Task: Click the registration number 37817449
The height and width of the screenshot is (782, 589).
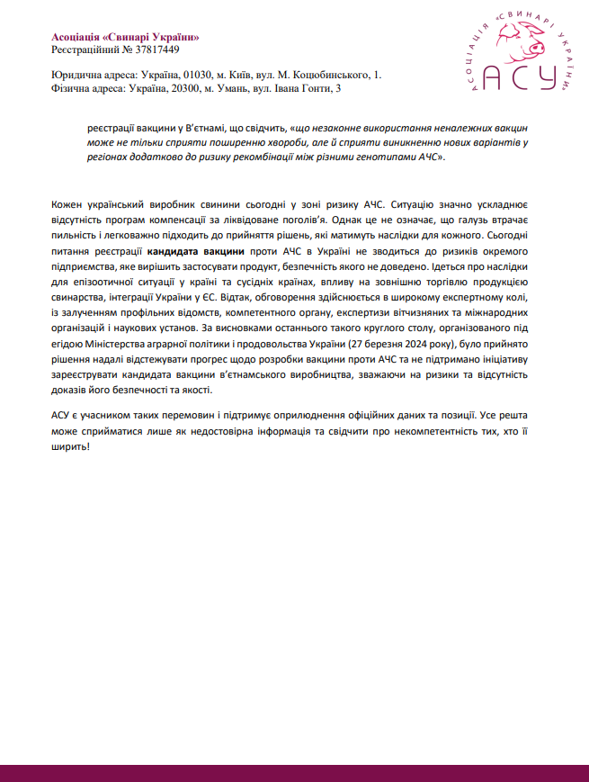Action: point(154,49)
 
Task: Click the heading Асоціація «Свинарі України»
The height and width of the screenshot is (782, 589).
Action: point(125,36)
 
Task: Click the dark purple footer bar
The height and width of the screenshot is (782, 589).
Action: point(294,772)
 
